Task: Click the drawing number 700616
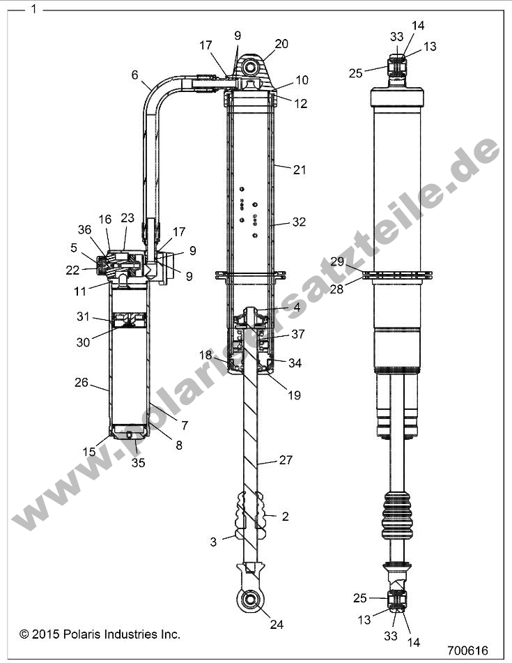pyautogui.click(x=467, y=649)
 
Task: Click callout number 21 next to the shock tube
pyautogui.click(x=300, y=169)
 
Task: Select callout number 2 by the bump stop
pyautogui.click(x=285, y=517)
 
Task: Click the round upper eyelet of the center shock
pyautogui.click(x=252, y=68)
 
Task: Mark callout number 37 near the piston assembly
pyautogui.click(x=297, y=335)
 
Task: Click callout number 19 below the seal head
pyautogui.click(x=293, y=395)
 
